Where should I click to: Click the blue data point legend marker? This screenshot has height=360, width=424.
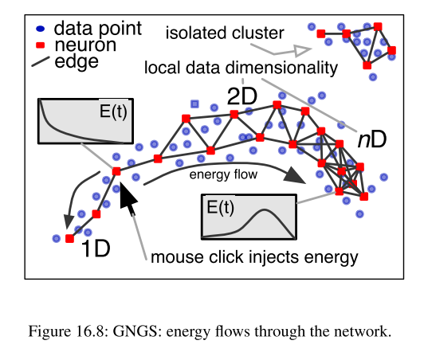[x=41, y=29]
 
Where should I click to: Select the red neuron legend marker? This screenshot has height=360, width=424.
[x=40, y=45]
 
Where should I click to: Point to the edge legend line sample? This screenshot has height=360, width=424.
[x=41, y=61]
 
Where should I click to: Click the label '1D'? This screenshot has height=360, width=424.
[x=96, y=248]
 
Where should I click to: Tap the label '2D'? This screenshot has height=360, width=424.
[x=242, y=96]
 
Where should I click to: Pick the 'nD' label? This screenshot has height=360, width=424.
[x=372, y=140]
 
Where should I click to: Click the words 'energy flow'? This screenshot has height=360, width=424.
[x=223, y=174]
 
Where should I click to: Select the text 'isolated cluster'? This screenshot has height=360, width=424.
[x=225, y=33]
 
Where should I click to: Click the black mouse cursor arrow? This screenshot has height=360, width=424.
[x=128, y=198]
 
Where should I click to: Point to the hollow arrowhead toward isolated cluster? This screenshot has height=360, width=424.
[x=303, y=50]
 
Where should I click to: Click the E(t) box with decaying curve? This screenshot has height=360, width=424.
[x=85, y=121]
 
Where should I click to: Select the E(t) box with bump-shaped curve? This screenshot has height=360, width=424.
[x=249, y=217]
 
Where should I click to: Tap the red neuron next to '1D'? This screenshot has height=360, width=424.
[x=70, y=239]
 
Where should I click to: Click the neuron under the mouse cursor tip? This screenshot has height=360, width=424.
[x=116, y=171]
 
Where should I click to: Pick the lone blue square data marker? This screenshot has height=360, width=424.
[x=194, y=104]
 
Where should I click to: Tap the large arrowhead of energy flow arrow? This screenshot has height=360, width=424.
[x=294, y=176]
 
